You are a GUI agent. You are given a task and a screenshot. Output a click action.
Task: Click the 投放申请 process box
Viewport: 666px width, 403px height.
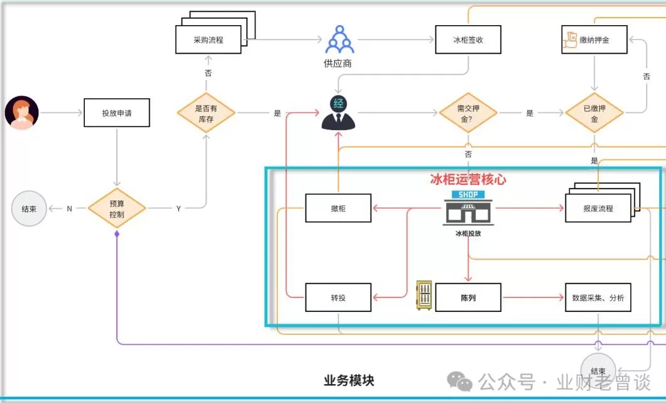(x=117, y=113)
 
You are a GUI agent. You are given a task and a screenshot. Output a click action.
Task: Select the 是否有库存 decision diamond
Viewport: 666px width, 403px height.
(x=206, y=113)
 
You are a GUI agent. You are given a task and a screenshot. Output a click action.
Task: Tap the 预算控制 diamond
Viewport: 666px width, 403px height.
(x=117, y=208)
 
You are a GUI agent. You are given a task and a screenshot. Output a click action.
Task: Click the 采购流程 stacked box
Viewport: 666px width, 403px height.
(x=209, y=40)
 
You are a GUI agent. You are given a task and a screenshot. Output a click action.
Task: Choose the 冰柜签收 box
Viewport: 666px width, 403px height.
(x=468, y=40)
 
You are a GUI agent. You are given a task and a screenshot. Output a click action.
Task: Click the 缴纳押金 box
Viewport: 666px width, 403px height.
(x=594, y=40)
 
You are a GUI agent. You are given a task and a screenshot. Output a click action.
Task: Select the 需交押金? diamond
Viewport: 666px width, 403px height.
(x=467, y=113)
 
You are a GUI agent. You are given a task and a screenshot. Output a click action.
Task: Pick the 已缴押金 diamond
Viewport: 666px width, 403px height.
(x=594, y=113)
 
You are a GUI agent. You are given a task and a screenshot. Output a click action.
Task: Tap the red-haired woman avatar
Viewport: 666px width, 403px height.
(x=22, y=113)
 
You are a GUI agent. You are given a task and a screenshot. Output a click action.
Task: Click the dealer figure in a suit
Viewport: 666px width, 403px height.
(x=338, y=113)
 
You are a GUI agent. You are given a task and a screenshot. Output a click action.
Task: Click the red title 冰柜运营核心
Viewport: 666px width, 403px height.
(x=468, y=179)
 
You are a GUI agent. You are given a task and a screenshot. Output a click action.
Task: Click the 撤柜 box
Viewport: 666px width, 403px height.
(x=338, y=208)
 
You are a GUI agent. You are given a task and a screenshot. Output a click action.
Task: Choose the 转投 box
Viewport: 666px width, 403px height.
(x=338, y=297)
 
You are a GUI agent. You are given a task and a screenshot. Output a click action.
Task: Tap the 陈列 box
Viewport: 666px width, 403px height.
(x=468, y=297)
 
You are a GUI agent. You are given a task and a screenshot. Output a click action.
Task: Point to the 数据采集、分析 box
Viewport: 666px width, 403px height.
(x=598, y=297)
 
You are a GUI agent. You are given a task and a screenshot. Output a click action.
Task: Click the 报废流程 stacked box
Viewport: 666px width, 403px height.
(x=598, y=208)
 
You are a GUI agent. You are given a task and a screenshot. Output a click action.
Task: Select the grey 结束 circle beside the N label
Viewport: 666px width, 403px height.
(x=30, y=208)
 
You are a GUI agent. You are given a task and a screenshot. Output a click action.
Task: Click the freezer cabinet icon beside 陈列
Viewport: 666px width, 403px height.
(x=424, y=296)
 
